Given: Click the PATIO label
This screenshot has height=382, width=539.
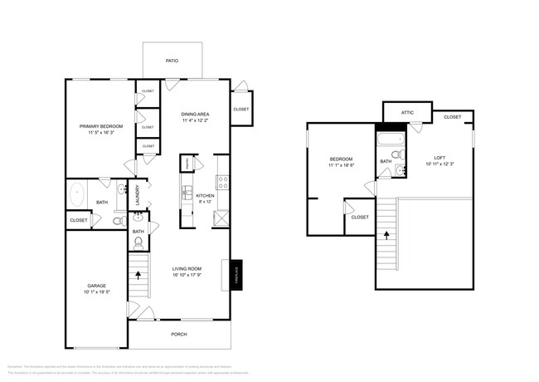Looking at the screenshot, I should (172, 61).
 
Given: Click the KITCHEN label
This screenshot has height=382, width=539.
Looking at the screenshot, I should (205, 195).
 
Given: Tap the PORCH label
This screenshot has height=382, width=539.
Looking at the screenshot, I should (179, 335).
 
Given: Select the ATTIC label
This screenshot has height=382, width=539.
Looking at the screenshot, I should (407, 112).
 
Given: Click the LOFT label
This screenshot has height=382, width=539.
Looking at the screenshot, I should (439, 158).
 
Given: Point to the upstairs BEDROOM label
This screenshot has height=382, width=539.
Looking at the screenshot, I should (341, 159).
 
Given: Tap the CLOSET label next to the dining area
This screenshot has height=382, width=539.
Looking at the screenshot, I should (240, 109).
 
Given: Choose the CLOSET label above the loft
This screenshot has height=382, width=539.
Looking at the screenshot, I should (452, 117).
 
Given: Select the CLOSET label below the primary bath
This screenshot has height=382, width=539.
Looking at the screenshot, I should (79, 220).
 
